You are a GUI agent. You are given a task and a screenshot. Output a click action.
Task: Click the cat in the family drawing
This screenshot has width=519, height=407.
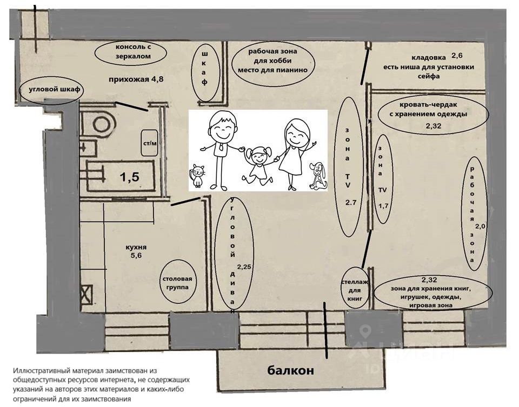click(x=197, y=174)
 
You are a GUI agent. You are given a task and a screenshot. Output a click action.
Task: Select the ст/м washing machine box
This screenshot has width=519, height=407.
click(x=149, y=143)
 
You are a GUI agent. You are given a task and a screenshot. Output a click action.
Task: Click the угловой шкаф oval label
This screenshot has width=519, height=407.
click(x=51, y=91)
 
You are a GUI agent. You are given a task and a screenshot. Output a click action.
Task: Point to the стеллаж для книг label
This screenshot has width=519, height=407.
click(x=356, y=290)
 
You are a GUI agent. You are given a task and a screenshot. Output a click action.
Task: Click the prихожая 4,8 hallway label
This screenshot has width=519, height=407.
click(x=128, y=79)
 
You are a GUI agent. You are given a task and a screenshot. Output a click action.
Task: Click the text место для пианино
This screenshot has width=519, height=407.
click(x=272, y=70)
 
